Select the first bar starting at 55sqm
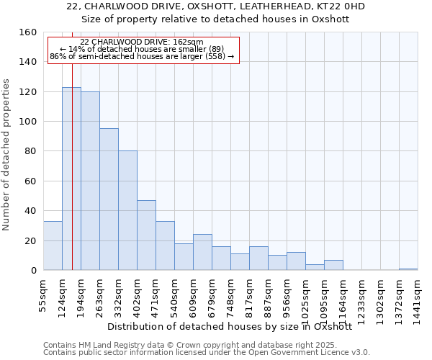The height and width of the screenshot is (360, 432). click(x=53, y=246)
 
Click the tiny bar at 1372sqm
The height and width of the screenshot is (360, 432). click(x=408, y=269)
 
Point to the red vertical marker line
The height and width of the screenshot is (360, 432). click(x=73, y=144)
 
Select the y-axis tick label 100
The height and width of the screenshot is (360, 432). click(x=28, y=122)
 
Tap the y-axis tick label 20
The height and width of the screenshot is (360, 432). click(x=31, y=241)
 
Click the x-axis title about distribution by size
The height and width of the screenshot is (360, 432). click(x=234, y=326)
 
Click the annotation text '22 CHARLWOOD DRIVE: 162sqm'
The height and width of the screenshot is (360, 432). click(x=142, y=42)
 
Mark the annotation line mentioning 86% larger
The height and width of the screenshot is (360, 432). click(x=142, y=56)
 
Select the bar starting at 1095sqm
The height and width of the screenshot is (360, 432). click(x=333, y=265)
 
